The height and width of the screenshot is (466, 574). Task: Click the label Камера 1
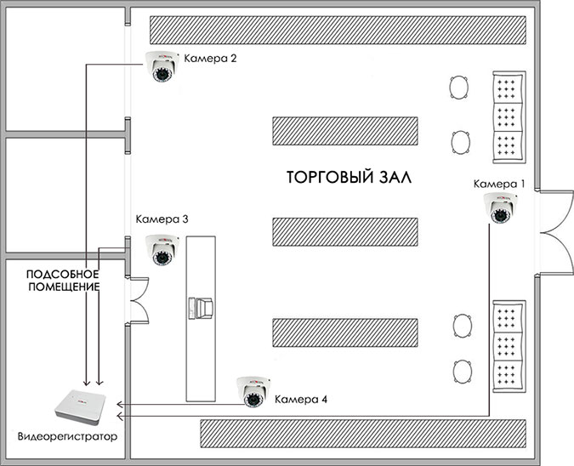499,184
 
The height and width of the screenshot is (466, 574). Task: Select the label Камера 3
162,220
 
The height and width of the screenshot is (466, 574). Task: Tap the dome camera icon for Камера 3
162,247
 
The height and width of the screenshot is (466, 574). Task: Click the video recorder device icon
80,408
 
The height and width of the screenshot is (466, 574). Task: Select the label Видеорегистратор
68,437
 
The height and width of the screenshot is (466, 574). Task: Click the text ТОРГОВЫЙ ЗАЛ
349,179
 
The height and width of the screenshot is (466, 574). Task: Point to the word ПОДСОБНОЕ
64,275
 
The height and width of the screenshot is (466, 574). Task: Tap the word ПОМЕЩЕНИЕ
64,288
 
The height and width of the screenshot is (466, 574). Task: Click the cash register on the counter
202,307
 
